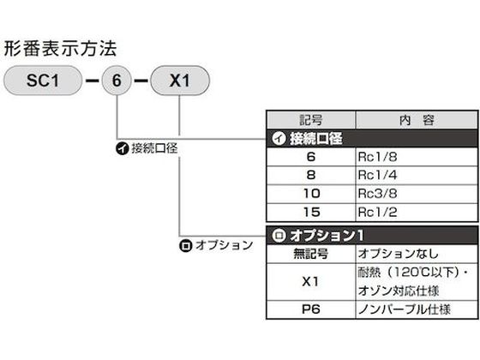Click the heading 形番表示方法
point(60,49)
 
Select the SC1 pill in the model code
point(43,81)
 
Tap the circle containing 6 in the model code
point(117,81)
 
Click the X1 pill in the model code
point(180,81)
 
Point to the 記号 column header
point(311,120)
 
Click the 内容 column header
point(417,120)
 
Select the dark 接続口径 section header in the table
point(372,138)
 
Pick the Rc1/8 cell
point(417,157)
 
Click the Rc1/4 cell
point(417,176)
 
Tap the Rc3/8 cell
point(417,194)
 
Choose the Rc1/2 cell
point(417,213)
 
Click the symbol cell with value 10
point(311,194)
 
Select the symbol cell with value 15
point(311,213)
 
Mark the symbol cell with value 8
point(311,176)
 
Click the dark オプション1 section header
point(372,236)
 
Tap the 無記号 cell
point(311,254)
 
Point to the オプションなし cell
point(417,254)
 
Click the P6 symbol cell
point(311,309)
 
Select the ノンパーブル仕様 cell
point(417,309)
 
